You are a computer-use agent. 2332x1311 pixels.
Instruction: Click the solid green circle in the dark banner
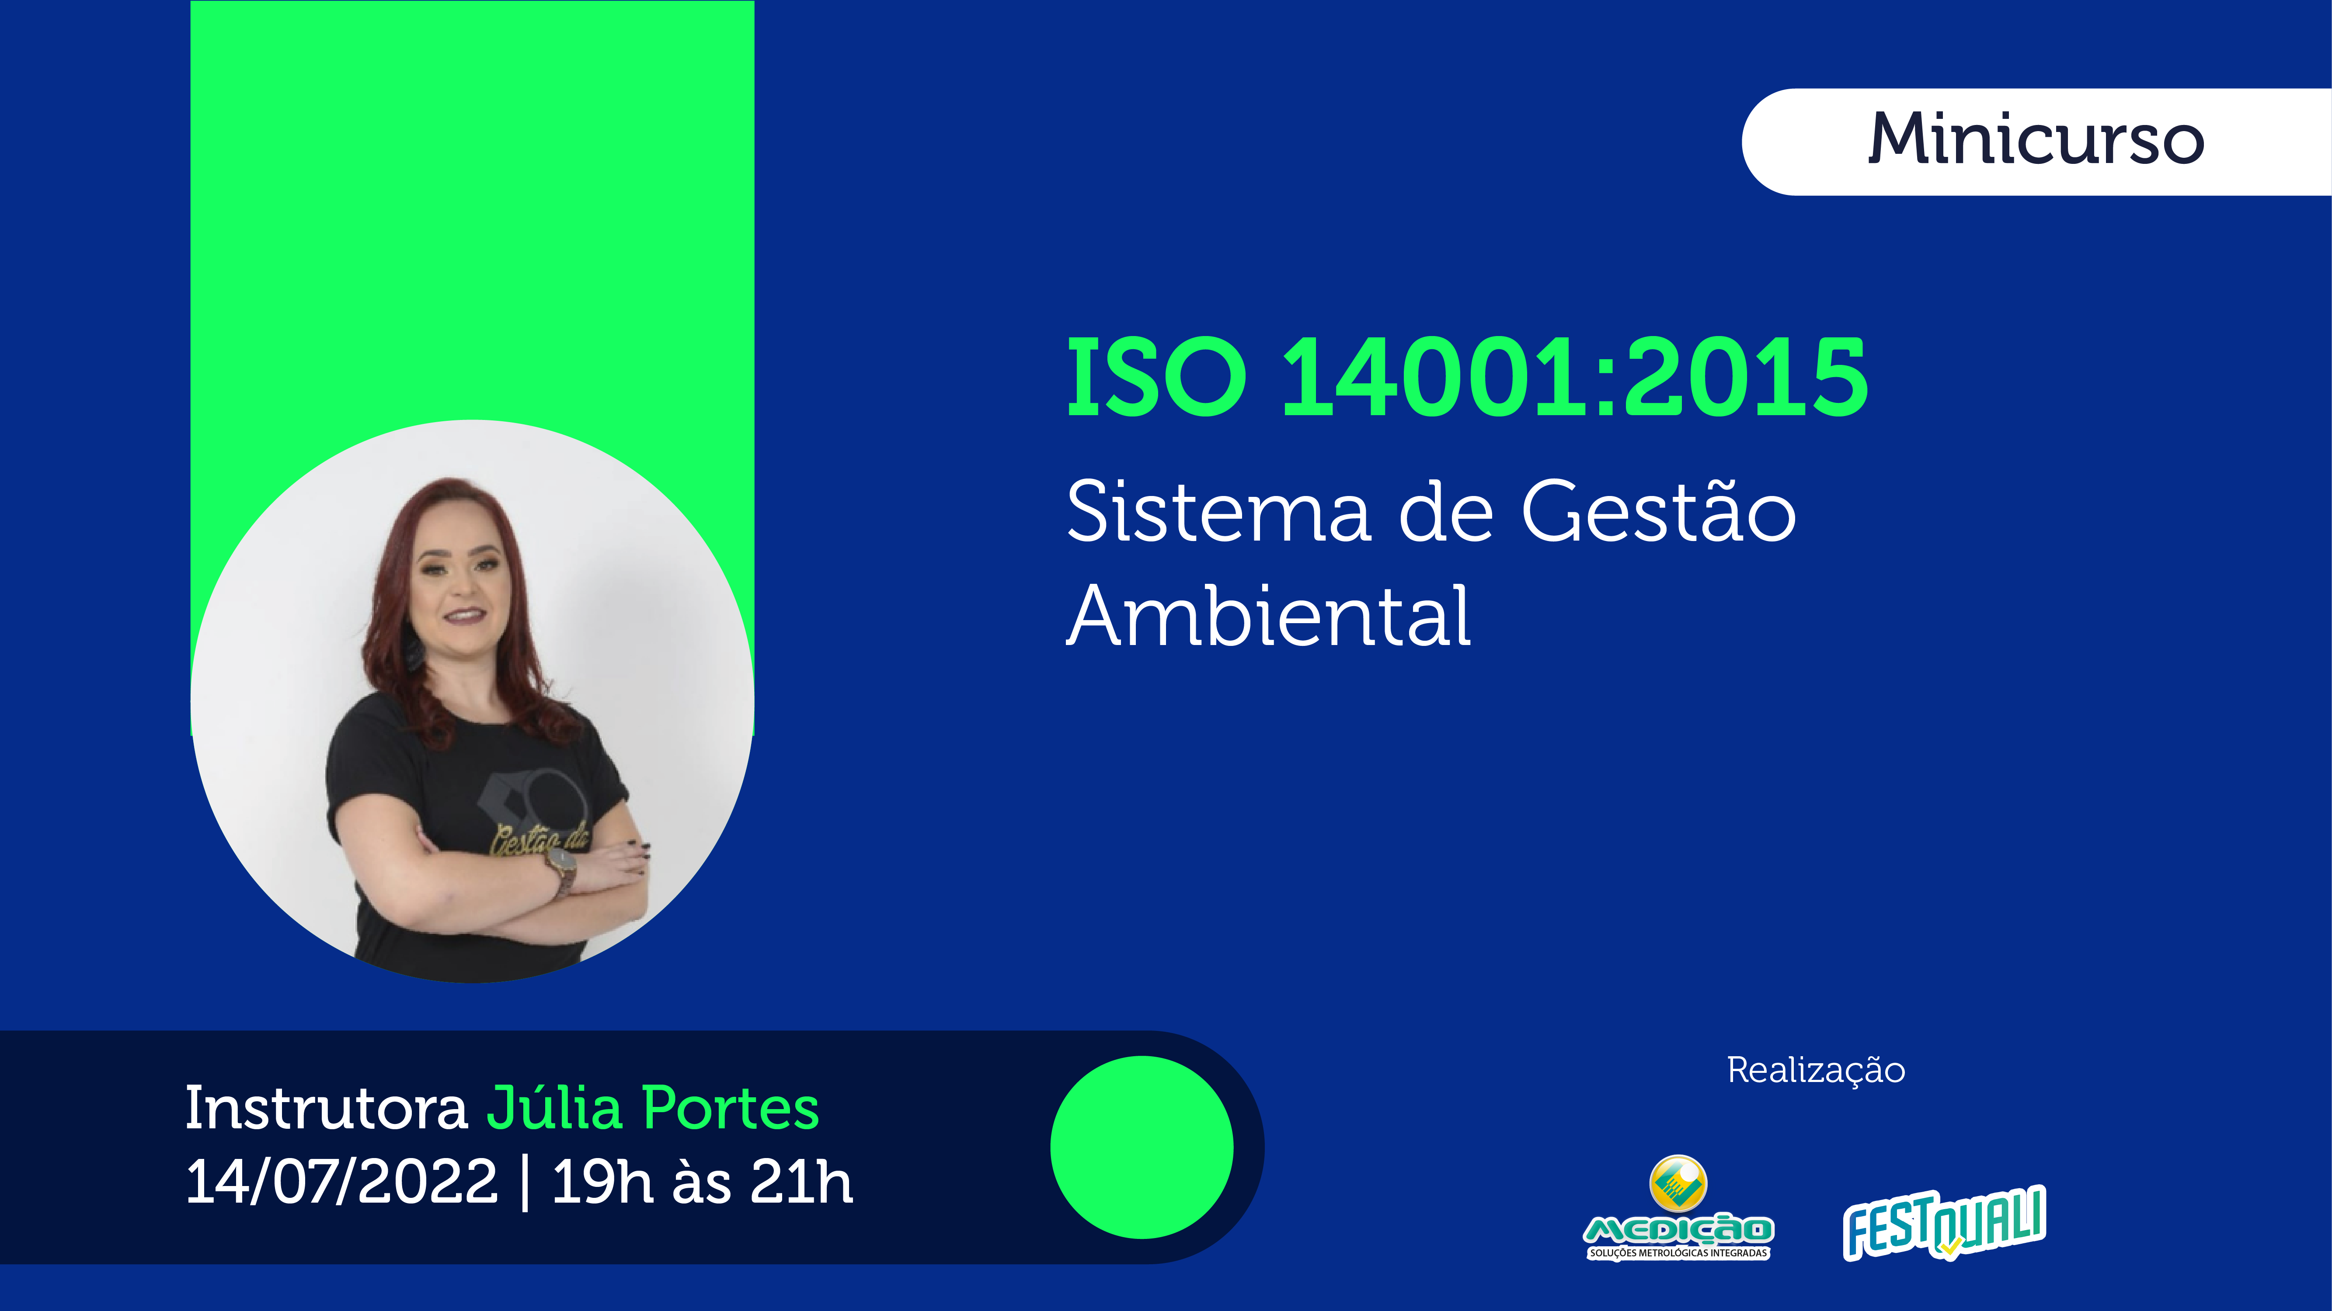[x=1142, y=1147]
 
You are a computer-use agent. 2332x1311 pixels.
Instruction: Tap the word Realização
[x=1816, y=1070]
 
